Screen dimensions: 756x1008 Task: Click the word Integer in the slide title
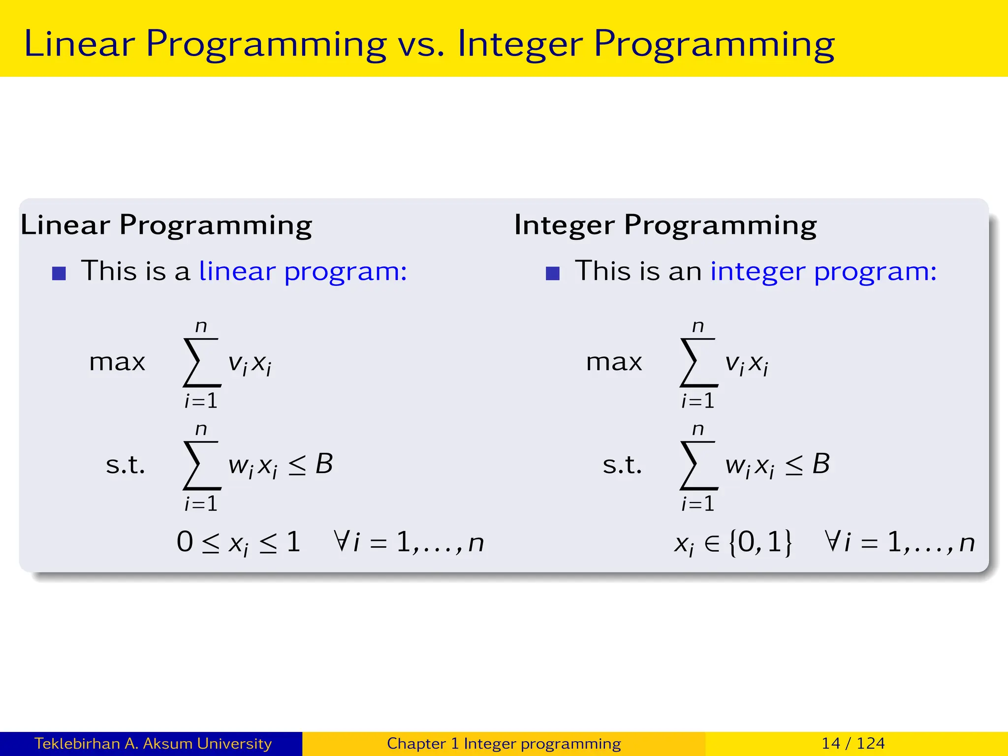coord(520,44)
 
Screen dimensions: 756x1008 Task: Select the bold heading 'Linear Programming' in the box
coord(166,225)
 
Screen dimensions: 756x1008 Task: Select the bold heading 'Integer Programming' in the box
coord(665,225)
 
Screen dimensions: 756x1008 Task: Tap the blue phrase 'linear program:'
coord(303,271)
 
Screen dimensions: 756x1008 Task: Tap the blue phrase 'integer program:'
coord(823,271)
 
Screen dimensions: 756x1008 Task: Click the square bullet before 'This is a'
coord(59,273)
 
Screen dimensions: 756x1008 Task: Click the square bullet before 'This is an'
coord(553,273)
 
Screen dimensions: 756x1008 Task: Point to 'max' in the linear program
coord(117,363)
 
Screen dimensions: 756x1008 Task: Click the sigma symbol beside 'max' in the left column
coord(201,363)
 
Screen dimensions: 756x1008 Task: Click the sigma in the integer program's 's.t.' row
coord(698,465)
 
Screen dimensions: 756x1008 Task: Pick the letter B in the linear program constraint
coord(324,464)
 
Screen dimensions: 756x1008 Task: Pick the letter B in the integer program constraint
coord(821,464)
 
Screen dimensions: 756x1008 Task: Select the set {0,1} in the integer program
coord(760,542)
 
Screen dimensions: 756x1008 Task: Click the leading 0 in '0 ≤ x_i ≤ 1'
coord(185,542)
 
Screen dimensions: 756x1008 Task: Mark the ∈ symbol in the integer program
coord(711,543)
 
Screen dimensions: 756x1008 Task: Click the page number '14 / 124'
coord(853,743)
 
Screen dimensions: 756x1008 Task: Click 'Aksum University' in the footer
coord(207,743)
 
